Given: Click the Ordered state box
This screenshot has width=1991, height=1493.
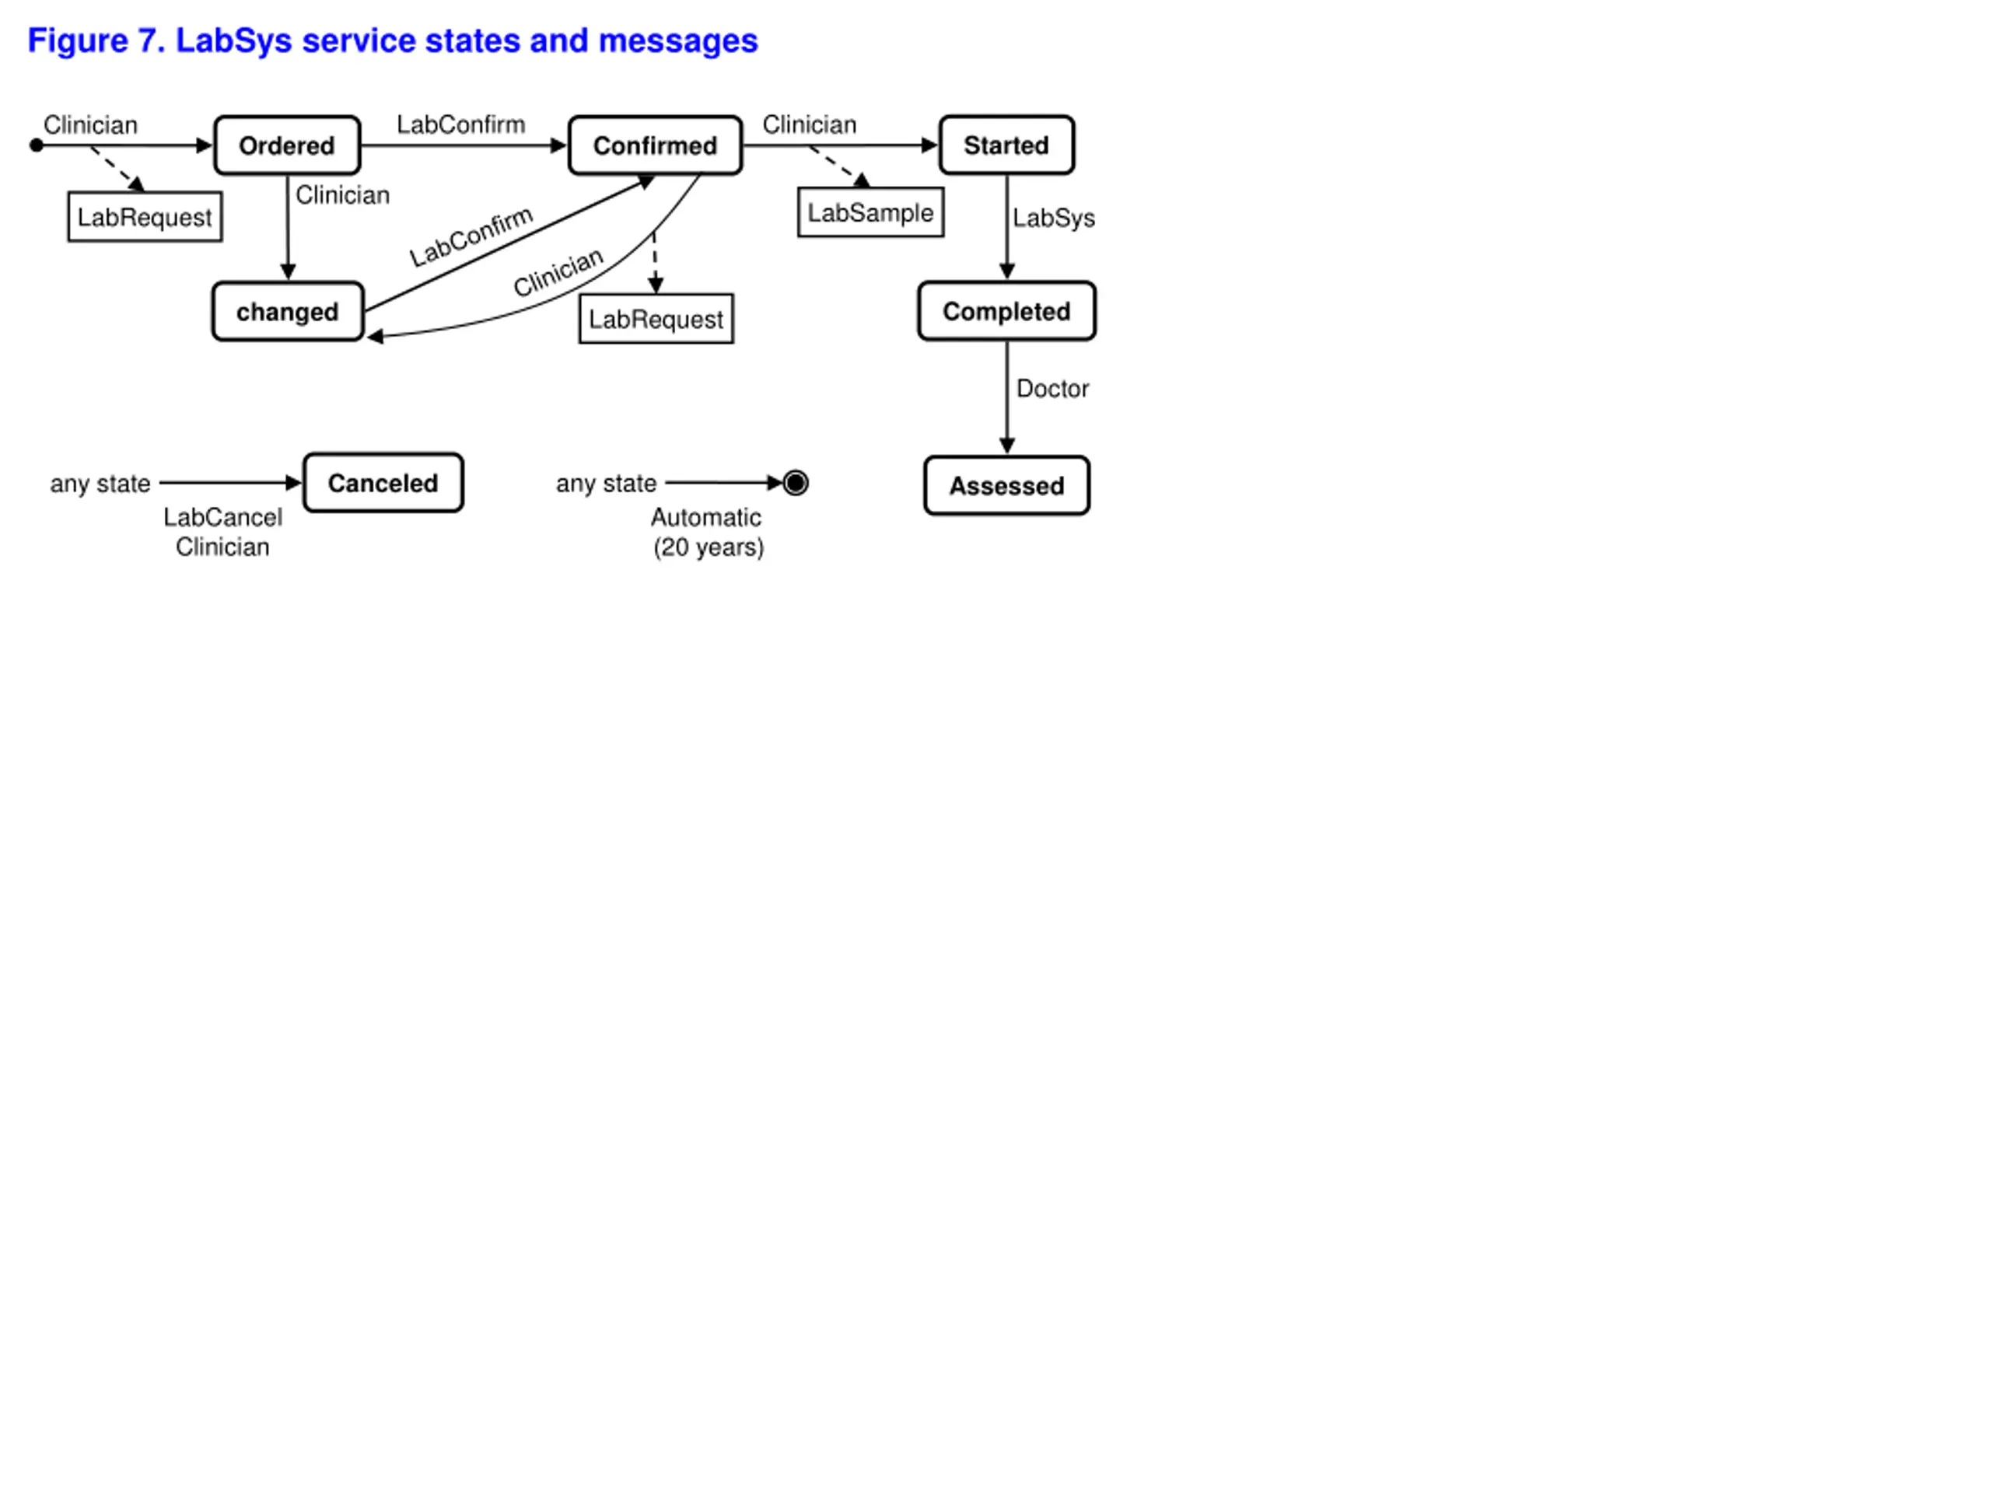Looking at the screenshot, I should pos(287,145).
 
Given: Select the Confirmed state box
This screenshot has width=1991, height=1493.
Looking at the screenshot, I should pos(656,145).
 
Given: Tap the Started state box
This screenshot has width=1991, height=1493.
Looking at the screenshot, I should pos(1006,145).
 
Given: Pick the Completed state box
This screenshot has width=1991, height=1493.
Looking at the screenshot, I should pos(1006,311).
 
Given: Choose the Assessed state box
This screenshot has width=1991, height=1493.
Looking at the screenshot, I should pos(1006,486).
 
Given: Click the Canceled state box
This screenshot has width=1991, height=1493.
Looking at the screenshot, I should pos(383,483).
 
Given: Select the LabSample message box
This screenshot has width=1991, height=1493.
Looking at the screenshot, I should pos(870,213).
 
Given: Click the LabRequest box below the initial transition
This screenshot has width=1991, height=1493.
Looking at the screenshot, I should pos(145,218).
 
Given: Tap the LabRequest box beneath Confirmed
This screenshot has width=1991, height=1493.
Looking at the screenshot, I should pos(656,320).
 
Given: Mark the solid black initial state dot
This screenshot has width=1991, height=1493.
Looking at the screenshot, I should pos(36,145).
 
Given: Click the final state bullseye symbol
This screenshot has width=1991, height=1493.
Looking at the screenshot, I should pos(796,483).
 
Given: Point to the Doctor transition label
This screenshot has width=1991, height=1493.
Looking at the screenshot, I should pos(1052,389).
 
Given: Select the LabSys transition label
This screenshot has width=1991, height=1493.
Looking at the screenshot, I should pos(1053,219).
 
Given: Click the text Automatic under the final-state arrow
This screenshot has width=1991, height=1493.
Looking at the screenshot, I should pos(705,517).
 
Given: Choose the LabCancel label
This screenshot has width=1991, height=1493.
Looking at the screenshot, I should pos(222,517).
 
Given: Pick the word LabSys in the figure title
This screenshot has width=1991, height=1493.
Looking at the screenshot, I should pos(233,41).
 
